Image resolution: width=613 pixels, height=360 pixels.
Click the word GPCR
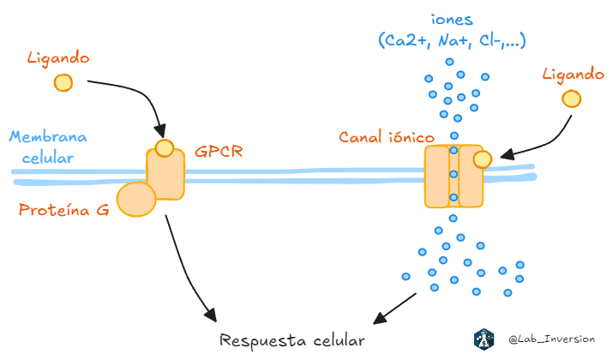219,151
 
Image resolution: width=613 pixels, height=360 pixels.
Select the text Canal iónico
386,136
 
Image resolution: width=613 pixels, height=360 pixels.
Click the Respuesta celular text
292,340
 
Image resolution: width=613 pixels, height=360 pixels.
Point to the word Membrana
48,137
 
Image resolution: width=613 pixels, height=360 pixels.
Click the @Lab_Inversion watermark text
551,339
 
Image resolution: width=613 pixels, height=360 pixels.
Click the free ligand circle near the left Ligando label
63,82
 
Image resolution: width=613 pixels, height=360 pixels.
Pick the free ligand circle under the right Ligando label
571,99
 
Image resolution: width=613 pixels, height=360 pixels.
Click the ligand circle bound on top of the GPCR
164,147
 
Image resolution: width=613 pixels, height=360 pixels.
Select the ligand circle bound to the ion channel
483,159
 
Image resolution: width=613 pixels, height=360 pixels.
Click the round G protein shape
135,199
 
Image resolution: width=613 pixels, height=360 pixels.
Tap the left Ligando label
58,58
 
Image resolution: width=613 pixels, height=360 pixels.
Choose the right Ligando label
574,75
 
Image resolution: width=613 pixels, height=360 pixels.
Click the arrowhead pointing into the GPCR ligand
160,133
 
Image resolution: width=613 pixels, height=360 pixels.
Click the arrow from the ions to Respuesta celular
395,306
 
